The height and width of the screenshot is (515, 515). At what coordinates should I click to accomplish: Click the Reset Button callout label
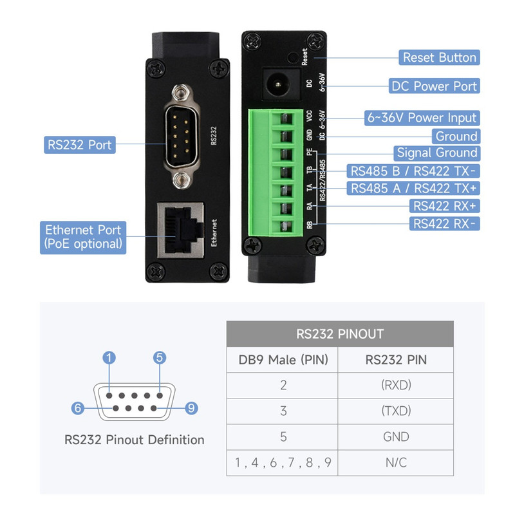tap(439, 57)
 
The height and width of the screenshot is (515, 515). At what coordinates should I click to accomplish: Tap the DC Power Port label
tap(434, 86)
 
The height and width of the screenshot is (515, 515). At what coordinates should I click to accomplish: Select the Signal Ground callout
tap(437, 153)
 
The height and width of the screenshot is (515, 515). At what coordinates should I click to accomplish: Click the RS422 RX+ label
tap(444, 206)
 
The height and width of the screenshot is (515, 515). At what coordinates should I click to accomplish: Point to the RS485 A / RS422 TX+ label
tap(413, 188)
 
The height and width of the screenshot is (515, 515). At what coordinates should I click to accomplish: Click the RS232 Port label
tap(80, 145)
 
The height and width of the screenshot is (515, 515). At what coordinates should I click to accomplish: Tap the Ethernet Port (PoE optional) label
tap(83, 238)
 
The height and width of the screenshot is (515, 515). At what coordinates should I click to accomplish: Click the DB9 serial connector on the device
tap(182, 136)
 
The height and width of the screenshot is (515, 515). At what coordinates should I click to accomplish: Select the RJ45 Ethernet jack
tap(181, 230)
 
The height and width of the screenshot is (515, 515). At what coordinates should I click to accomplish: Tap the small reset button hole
tap(293, 57)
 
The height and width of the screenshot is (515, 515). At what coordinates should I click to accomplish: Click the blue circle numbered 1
tap(109, 358)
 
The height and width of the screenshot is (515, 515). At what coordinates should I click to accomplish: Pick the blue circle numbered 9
tap(191, 408)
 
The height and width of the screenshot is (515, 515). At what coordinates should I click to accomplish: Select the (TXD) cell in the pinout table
tap(396, 411)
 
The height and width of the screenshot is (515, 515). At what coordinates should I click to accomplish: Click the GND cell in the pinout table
tap(396, 437)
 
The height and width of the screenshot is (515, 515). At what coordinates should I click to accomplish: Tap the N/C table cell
tap(396, 463)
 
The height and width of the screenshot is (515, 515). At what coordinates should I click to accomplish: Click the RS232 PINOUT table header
tap(340, 334)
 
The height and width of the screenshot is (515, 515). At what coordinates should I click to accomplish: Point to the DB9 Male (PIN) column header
tap(283, 360)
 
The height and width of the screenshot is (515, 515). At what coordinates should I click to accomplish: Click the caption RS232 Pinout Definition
tap(135, 440)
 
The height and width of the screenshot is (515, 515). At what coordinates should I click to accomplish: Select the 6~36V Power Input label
tap(422, 118)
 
